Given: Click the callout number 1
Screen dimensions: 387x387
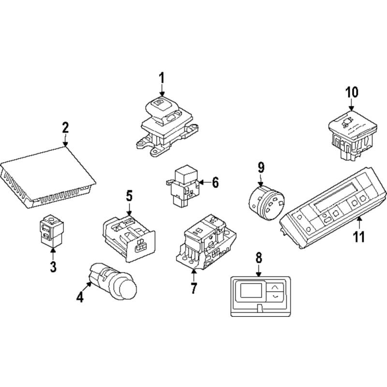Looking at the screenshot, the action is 162,78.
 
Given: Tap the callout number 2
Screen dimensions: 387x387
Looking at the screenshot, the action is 65,128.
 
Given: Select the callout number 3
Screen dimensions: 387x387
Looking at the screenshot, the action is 53,267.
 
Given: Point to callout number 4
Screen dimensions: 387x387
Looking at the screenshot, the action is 80,297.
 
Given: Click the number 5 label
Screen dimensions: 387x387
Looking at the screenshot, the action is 129,196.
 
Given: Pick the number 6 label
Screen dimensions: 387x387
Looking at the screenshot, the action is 215,183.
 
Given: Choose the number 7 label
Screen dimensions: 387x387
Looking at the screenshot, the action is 194,288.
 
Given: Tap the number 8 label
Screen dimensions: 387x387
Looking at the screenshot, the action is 258,258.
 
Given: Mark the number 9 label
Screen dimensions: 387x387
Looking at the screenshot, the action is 261,167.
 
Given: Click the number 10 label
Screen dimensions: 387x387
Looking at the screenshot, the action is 352,92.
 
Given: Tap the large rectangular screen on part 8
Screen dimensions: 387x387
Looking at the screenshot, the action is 251,290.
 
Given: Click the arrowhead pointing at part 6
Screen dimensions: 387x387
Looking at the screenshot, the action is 201,183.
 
